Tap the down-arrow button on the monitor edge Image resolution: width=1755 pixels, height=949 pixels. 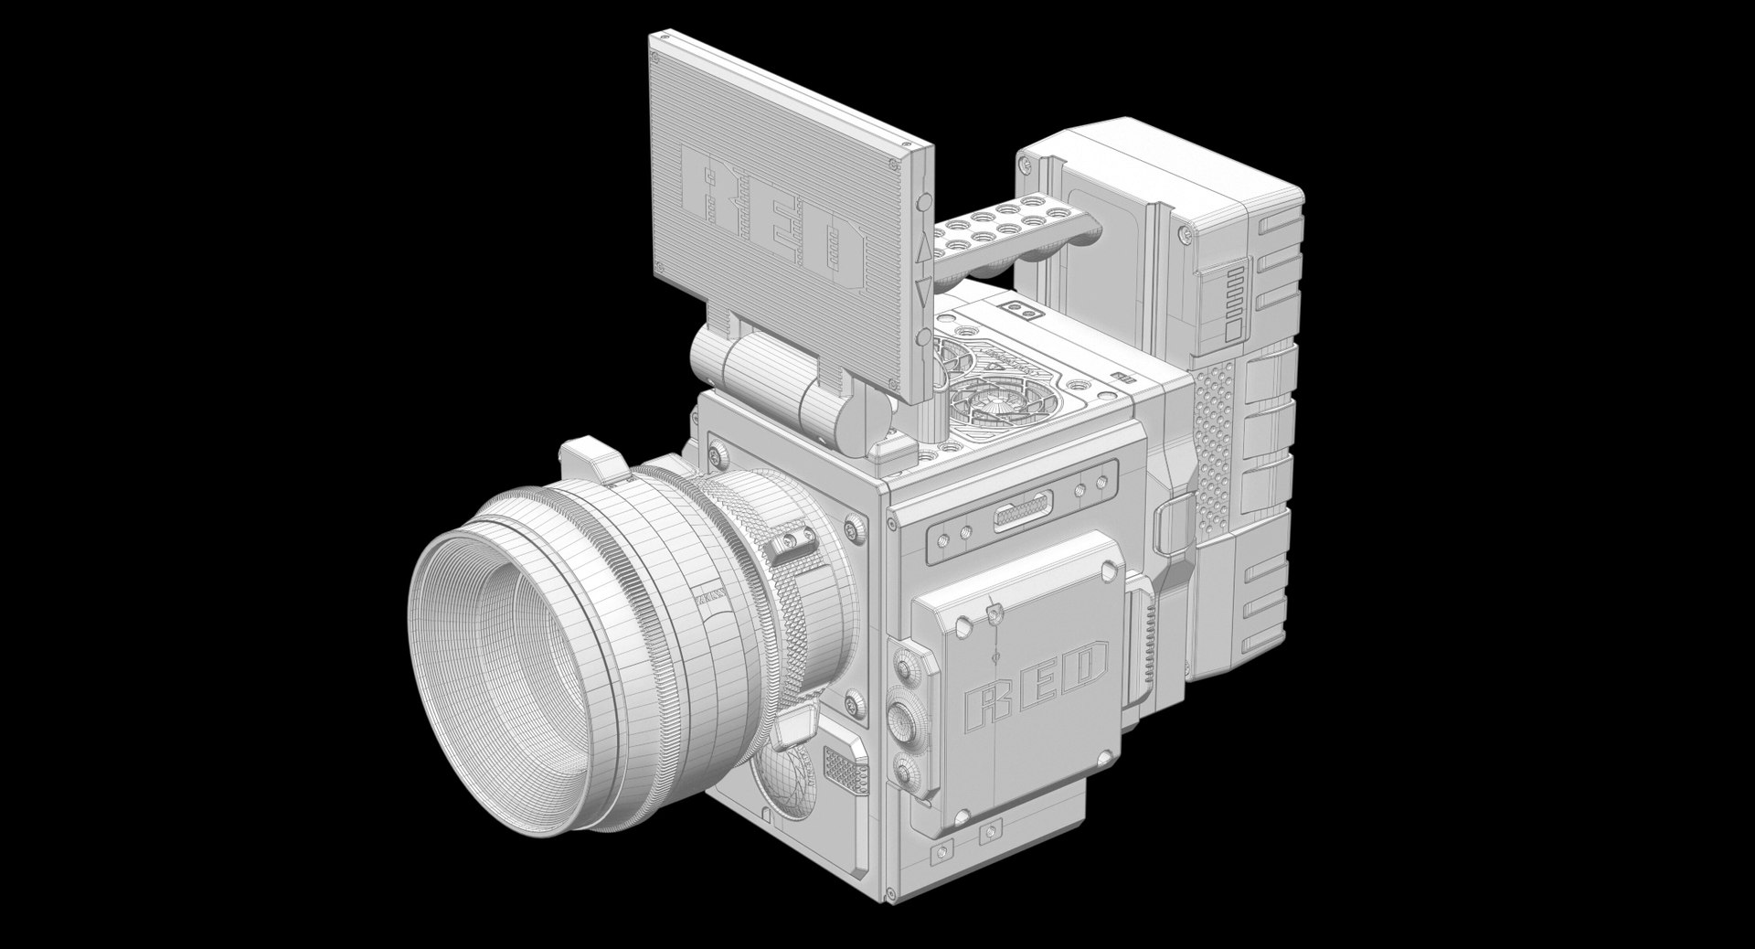(922, 292)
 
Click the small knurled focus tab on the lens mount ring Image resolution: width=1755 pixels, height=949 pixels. (792, 545)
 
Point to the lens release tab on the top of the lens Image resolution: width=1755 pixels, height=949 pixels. (587, 456)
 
